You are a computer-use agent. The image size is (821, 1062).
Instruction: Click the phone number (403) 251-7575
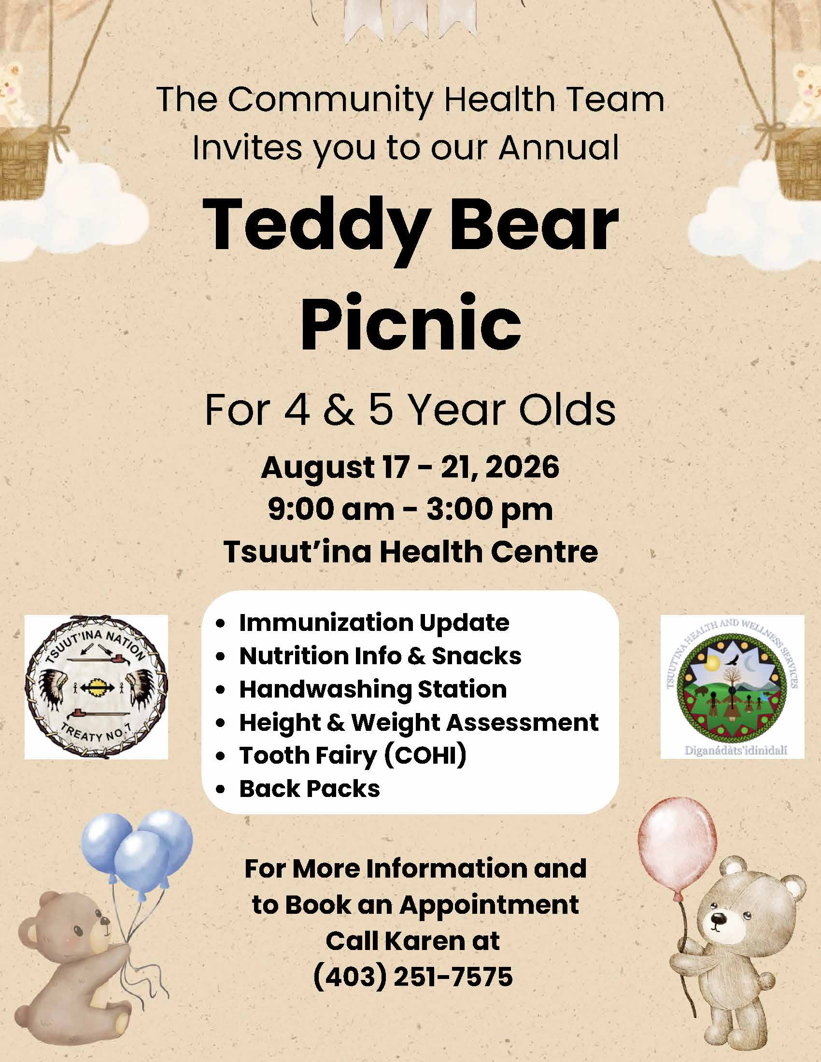click(x=412, y=977)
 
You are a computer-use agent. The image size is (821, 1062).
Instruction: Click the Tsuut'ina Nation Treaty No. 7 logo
click(x=96, y=686)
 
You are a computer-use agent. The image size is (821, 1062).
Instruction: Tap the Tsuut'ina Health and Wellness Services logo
click(x=732, y=686)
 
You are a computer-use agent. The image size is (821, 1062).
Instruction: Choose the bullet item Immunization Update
click(x=373, y=623)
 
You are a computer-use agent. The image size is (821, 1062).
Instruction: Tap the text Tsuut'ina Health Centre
click(x=410, y=551)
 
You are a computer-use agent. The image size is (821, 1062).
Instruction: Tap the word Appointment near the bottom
click(x=490, y=905)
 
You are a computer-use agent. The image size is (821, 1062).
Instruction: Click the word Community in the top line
click(x=330, y=100)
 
